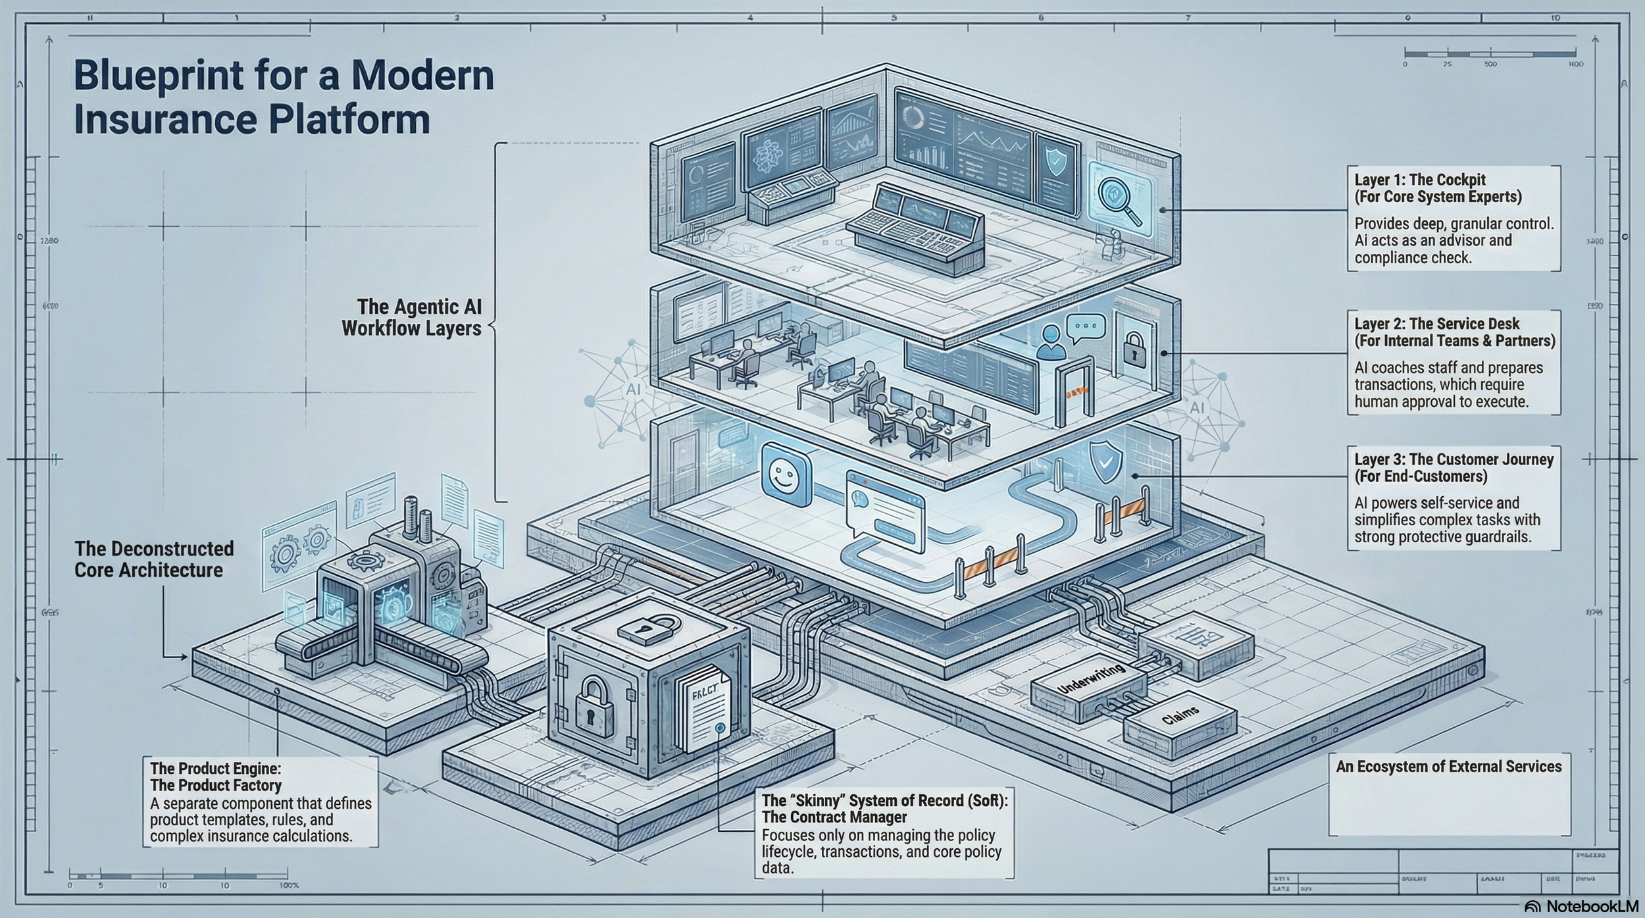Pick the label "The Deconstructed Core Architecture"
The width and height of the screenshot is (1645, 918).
pos(154,559)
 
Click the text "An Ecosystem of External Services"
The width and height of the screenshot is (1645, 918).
pos(1448,767)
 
